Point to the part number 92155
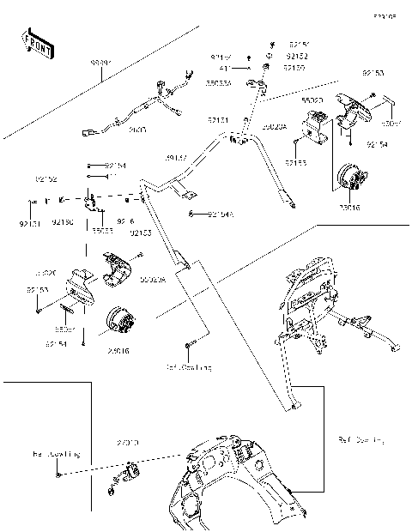coord(297,161)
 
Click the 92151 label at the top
coord(299,44)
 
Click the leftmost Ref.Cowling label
coord(56,452)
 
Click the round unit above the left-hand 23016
coord(119,324)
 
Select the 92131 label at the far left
coord(27,223)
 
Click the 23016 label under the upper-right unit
coord(349,209)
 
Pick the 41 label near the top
coord(224,68)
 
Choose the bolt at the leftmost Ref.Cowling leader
coord(58,473)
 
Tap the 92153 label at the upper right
coord(373,75)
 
